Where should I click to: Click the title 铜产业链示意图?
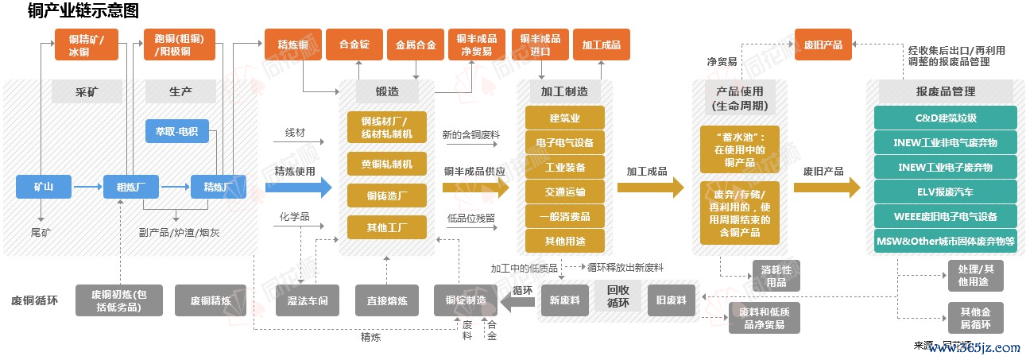click(83, 11)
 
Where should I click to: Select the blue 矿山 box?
click(44, 188)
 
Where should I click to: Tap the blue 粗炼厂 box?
click(126, 188)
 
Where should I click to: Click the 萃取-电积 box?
click(176, 131)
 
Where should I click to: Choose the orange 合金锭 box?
click(354, 45)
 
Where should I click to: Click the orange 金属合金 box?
click(416, 45)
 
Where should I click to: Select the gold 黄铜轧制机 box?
click(386, 164)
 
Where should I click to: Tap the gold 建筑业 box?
click(564, 118)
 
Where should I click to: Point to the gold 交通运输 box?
click(564, 192)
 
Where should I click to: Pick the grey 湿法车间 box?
click(302, 300)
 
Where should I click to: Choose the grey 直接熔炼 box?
click(386, 300)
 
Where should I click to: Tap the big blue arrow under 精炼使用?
click(298, 188)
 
